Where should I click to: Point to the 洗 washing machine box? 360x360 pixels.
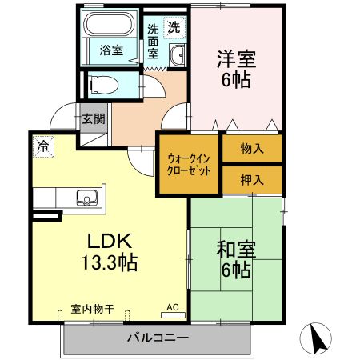point(173,26)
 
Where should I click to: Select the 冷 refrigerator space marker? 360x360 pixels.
point(41,147)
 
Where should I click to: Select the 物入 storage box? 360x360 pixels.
point(251,148)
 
